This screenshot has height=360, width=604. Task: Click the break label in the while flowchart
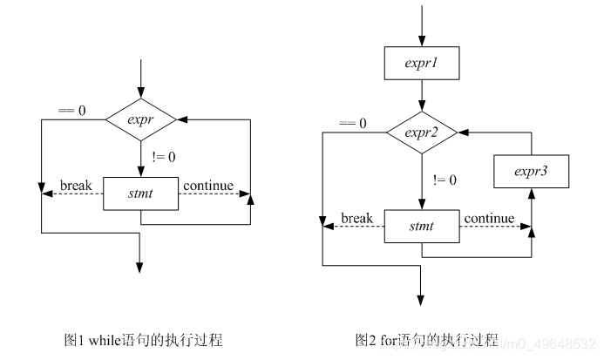click(76, 186)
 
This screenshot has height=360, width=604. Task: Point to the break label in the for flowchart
click(356, 218)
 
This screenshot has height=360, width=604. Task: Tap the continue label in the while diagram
click(208, 186)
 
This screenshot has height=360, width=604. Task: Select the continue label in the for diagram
click(489, 218)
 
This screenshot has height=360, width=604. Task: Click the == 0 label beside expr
click(71, 111)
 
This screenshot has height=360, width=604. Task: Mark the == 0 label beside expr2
click(352, 123)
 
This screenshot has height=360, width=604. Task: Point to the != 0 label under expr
click(164, 157)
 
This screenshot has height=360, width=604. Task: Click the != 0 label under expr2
click(445, 180)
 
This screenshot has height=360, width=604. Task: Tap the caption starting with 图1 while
click(143, 340)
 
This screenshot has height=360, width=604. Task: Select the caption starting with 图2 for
click(427, 340)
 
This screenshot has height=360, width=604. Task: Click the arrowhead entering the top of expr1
click(422, 41)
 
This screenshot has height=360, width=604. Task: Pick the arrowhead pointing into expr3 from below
click(531, 194)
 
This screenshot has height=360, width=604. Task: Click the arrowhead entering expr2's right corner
click(463, 132)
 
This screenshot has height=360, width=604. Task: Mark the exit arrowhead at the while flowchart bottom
click(139, 268)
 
